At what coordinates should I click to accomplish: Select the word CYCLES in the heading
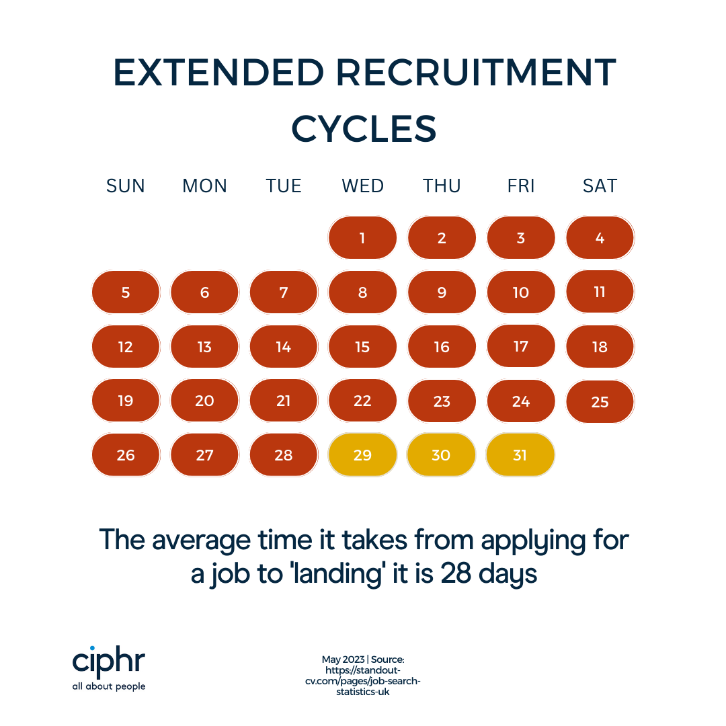point(364,128)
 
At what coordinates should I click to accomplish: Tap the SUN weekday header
point(126,186)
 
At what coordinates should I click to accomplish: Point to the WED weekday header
point(362,186)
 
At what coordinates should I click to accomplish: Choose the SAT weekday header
point(600,186)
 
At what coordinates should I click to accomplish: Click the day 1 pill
point(362,237)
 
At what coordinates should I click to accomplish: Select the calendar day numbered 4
point(600,237)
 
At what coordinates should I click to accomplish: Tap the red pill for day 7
point(284,292)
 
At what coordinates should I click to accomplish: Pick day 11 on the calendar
point(600,292)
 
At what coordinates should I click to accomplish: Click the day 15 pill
point(362,347)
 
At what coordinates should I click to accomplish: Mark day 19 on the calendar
point(126,401)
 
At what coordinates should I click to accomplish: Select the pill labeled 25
point(600,402)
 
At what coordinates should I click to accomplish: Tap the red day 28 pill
point(284,455)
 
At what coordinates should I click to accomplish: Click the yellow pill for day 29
point(362,455)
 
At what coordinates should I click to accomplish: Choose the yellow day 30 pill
point(441,455)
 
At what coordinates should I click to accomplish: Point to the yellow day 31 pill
point(520,455)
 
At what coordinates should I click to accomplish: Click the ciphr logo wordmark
point(108,662)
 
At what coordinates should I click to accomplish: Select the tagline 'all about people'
point(108,686)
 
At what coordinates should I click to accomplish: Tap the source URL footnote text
point(363,676)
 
